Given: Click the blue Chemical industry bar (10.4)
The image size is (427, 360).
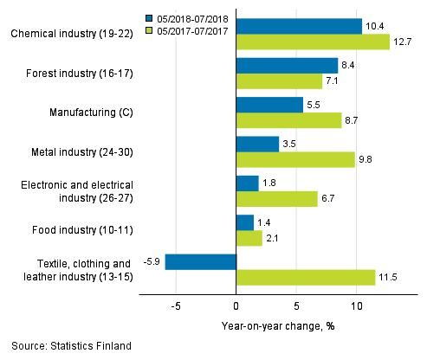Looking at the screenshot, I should click(299, 26).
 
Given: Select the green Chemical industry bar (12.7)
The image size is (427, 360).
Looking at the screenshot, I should click(313, 42).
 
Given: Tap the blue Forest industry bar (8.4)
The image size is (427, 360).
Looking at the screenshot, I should click(287, 66).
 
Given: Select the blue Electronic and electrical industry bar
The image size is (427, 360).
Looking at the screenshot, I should click(247, 183).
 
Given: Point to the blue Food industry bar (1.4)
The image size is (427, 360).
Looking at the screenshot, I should click(244, 222).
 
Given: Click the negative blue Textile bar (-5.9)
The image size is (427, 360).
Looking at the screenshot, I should click(200, 261).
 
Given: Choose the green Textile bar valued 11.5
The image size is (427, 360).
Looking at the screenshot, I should click(306, 277).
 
